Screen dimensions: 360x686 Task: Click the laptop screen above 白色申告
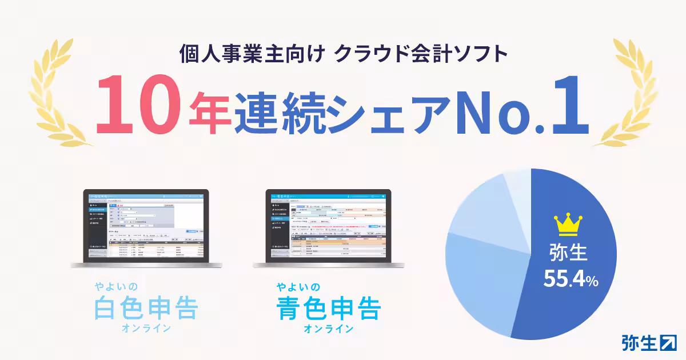point(146,226)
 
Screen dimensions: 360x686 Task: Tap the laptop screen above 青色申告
point(328,226)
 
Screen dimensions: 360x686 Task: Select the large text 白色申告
point(146,308)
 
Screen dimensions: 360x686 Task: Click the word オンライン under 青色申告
point(328,329)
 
